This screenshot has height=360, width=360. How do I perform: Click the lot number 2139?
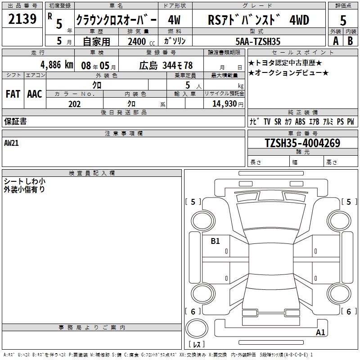click(22, 19)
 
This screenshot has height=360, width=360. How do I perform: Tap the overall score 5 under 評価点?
click(343, 20)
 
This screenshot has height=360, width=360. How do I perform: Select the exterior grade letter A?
click(336, 41)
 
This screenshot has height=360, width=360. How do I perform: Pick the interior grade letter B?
click(350, 41)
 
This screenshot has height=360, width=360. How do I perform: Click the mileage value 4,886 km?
click(57, 65)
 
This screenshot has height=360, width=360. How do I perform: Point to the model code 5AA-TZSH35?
click(258, 41)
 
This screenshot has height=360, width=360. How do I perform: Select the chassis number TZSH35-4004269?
click(302, 143)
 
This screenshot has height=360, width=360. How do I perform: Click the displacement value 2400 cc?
click(141, 42)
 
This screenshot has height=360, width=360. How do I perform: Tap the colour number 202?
click(74, 104)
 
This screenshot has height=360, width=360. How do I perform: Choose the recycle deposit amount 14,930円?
click(228, 104)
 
